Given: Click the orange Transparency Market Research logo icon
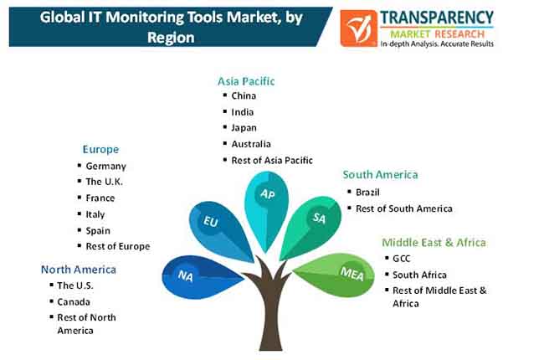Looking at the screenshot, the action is click(x=358, y=28).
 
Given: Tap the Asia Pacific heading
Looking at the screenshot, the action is click(x=246, y=81).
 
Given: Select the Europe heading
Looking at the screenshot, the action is click(x=100, y=149).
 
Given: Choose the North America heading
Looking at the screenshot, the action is click(x=79, y=270).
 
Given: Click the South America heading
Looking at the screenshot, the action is click(x=380, y=175).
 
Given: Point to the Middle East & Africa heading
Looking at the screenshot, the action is click(x=434, y=242).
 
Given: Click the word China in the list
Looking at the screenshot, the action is click(x=244, y=95).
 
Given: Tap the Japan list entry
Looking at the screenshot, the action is click(x=244, y=128).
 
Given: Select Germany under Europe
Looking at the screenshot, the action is click(x=105, y=167).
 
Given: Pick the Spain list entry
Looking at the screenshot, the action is click(x=98, y=231).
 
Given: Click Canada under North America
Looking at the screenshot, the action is click(x=74, y=302).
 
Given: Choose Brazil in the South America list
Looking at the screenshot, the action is click(x=367, y=193).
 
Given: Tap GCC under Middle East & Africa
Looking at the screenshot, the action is click(x=402, y=259).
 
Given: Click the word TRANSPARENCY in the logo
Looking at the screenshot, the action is click(x=437, y=18).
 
